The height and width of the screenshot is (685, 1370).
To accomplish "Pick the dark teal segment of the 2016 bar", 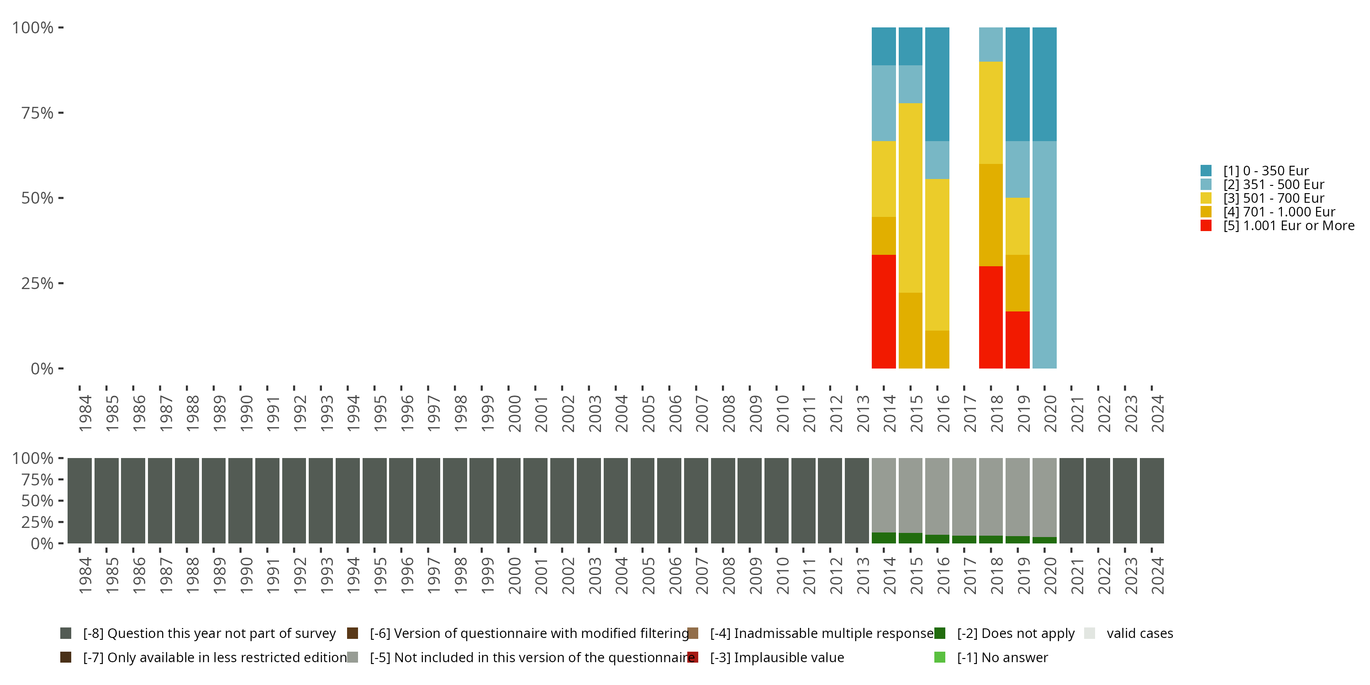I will pyautogui.click(x=937, y=84).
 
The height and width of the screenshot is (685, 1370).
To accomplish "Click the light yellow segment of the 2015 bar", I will pyautogui.click(x=911, y=197).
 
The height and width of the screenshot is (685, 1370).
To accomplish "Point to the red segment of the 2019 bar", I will pyautogui.click(x=1017, y=339).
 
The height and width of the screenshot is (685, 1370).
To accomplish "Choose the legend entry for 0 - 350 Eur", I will pyautogui.click(x=1265, y=171).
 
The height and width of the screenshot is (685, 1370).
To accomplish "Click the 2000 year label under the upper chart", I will pyautogui.click(x=514, y=413).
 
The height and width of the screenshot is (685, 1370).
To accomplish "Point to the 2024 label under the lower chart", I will pyautogui.click(x=1157, y=575).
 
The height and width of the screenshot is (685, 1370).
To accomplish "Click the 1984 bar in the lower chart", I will pyautogui.click(x=80, y=501).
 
